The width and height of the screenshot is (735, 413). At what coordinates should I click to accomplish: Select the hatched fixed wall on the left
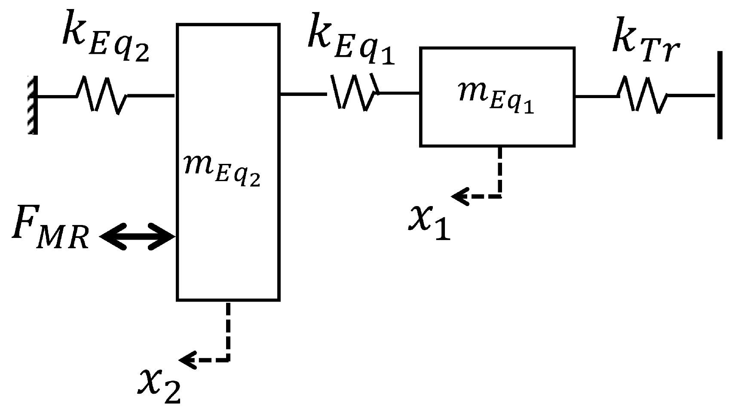pos(33,105)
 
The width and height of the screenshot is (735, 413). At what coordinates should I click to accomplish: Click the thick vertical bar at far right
pos(720,95)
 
